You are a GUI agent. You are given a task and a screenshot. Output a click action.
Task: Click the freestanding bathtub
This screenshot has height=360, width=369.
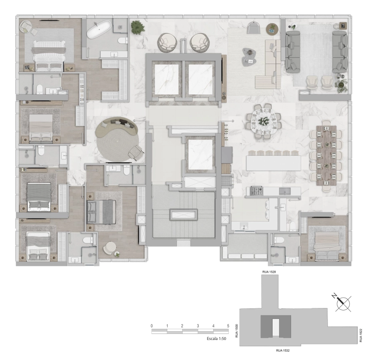click(99, 29)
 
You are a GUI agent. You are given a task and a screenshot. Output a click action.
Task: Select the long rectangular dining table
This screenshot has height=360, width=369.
click(326, 155)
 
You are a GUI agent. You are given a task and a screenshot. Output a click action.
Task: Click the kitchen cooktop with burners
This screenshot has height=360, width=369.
click(256, 190)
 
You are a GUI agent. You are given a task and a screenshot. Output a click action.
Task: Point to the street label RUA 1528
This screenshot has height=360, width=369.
click(269, 272)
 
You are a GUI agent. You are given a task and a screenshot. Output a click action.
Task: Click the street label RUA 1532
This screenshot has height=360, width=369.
click(283, 350)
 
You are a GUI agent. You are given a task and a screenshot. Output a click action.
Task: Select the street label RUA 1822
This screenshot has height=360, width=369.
click(361, 335)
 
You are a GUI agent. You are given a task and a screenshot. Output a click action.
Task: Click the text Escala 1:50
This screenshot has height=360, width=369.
click(216, 338)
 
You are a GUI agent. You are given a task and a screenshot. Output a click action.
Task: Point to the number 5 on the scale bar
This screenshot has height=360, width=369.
click(228, 326)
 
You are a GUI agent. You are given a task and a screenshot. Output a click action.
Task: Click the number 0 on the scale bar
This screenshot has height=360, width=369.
click(152, 326)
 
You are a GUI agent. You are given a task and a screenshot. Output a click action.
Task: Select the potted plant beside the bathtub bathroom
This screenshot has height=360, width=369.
click(138, 27)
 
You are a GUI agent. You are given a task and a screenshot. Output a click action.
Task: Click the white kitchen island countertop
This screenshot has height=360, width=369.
click(273, 163)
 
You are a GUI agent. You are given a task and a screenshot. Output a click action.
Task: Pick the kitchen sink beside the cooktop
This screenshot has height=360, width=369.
click(285, 191)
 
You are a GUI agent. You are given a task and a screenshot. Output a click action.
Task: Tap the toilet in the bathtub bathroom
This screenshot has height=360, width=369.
click(123, 40)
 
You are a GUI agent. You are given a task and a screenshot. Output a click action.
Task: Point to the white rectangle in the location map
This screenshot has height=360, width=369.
click(275, 327)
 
